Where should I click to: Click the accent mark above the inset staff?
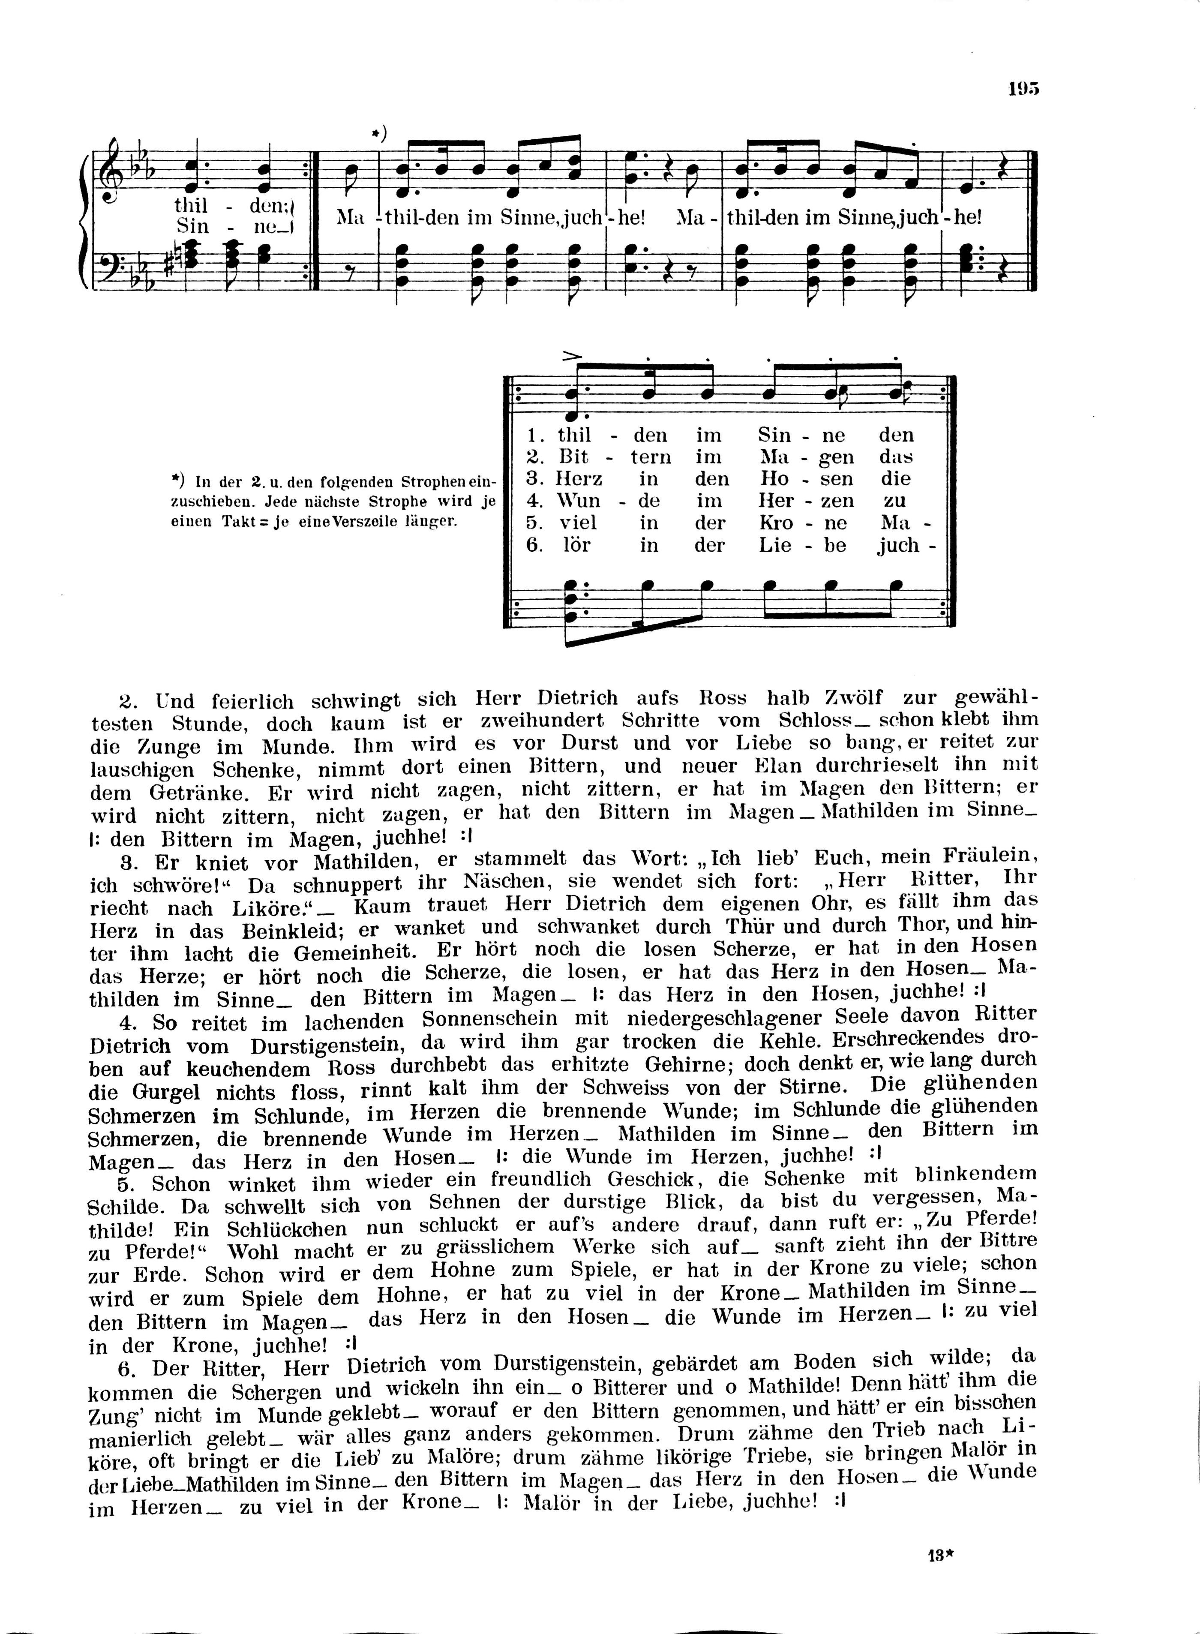[x=573, y=357]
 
